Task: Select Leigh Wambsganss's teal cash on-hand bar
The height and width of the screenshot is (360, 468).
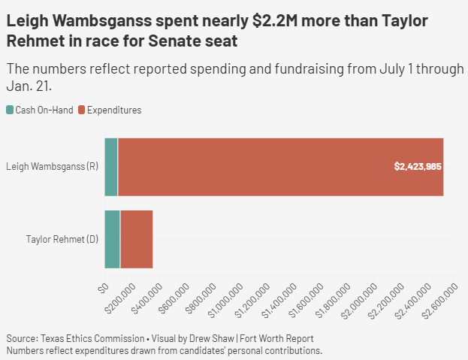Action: [111, 167]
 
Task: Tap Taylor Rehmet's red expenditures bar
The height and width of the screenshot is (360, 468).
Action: [136, 239]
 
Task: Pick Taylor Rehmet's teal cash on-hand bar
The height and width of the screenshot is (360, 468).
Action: [112, 239]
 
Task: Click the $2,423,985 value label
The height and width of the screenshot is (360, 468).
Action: [418, 166]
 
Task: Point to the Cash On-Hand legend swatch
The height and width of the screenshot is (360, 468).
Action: [10, 110]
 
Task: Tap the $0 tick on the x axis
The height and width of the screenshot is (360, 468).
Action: [104, 287]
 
